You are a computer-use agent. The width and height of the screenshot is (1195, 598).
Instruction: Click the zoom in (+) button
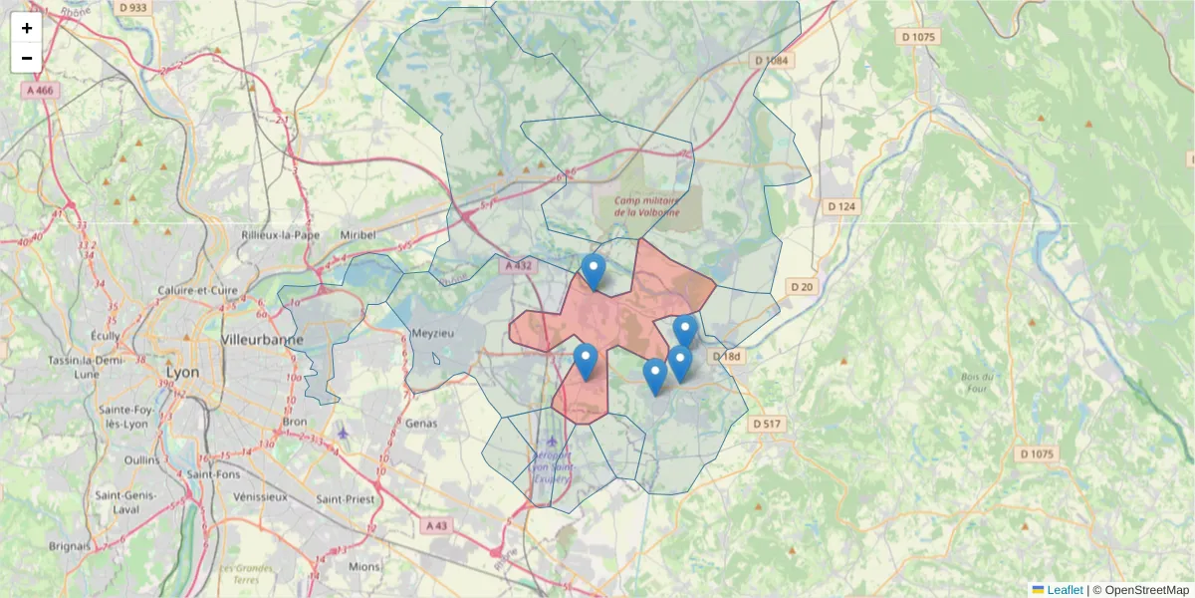point(27,28)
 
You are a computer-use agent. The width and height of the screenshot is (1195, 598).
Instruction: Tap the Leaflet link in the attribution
point(1064,590)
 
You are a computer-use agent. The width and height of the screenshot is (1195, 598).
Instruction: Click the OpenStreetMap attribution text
point(1147,590)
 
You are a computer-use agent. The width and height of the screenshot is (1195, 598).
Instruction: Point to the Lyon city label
point(182,372)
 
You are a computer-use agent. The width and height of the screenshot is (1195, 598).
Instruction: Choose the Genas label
point(422,423)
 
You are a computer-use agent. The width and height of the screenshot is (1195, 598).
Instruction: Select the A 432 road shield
point(519,266)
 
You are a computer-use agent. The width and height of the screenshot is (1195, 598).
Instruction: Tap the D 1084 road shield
point(770,61)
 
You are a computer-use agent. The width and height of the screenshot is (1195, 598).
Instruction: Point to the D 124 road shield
point(841,206)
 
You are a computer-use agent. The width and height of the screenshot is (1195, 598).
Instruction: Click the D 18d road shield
point(728,357)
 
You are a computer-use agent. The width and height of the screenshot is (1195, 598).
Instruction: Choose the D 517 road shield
point(768,424)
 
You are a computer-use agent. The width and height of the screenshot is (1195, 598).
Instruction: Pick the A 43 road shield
point(437,525)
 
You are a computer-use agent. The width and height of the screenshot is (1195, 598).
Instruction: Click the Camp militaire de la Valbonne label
point(647,205)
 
